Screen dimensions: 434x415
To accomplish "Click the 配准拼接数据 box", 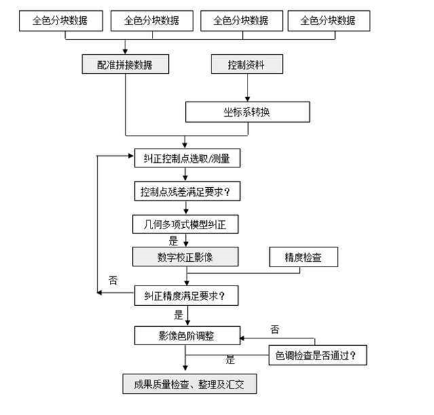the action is (125, 64).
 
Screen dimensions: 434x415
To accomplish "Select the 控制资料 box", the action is (247, 64).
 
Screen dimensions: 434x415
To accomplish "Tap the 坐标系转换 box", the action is (248, 112).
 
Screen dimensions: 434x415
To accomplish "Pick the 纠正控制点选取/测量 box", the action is (187, 158).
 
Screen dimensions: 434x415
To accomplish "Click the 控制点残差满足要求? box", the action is (187, 191).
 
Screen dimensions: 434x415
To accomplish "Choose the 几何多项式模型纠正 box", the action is (185, 224).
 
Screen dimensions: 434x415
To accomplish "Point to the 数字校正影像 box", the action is (185, 257).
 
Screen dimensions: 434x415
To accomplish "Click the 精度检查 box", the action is (304, 257).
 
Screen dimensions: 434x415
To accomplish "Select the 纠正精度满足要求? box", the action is (186, 296).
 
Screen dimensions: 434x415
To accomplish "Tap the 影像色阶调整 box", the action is (187, 336).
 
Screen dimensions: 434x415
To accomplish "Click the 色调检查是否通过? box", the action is (318, 355).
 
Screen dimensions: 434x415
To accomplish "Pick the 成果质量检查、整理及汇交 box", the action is (190, 384).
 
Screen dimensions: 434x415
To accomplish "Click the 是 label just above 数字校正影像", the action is (174, 241).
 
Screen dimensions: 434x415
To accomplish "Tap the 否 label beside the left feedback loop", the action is (113, 280).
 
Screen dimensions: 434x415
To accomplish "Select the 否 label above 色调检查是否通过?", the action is (275, 329).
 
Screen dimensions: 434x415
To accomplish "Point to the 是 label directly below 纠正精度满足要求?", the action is (178, 315).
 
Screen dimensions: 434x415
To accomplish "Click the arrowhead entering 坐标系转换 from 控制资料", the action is (248, 99).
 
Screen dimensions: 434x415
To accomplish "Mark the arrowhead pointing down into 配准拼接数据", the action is (125, 52).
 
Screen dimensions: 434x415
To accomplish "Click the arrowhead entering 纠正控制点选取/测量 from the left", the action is (131, 156).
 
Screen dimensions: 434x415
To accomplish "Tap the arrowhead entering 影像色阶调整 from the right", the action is (242, 338).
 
